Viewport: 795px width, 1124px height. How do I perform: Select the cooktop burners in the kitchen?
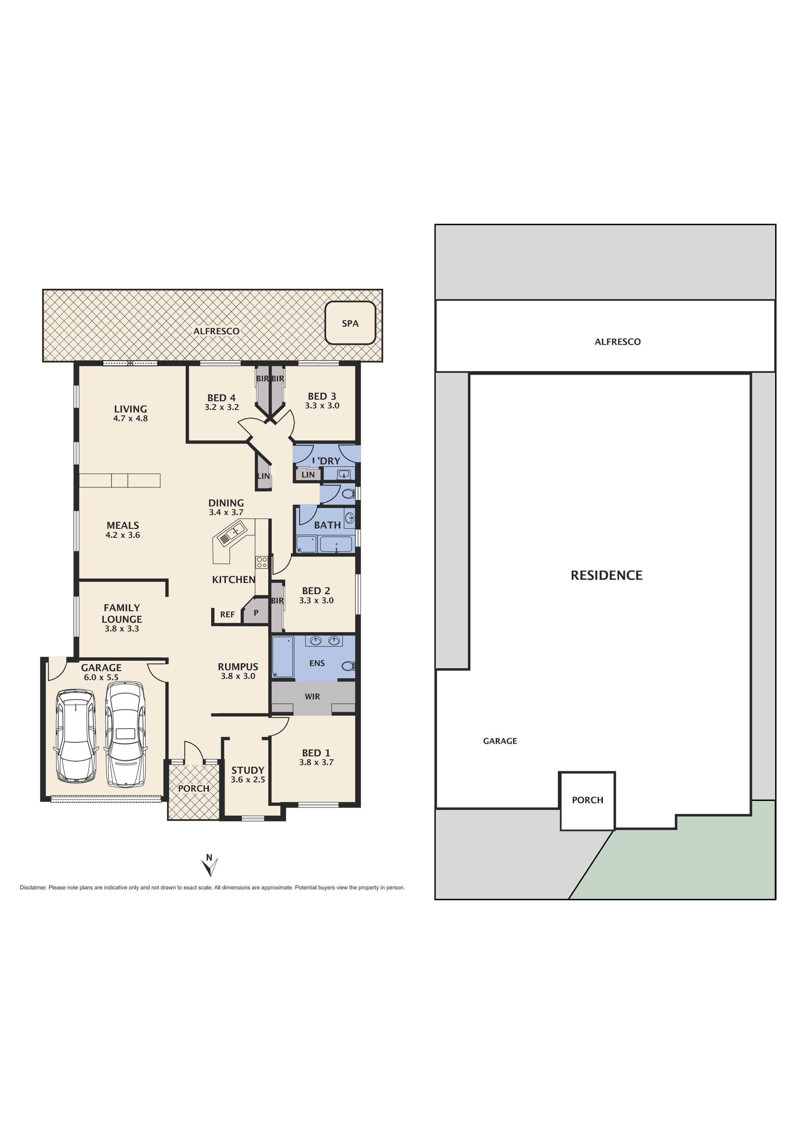click(261, 562)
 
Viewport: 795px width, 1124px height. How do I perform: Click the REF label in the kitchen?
click(227, 614)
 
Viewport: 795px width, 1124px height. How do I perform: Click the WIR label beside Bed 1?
click(312, 696)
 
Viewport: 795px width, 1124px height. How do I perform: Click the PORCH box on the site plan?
click(587, 800)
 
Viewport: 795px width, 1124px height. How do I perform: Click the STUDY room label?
click(248, 770)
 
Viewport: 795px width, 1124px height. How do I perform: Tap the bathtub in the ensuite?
click(283, 657)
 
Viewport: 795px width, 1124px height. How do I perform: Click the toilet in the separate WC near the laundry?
click(348, 494)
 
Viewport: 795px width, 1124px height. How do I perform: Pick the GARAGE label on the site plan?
click(500, 741)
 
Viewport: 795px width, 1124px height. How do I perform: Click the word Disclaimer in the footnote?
click(32, 887)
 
